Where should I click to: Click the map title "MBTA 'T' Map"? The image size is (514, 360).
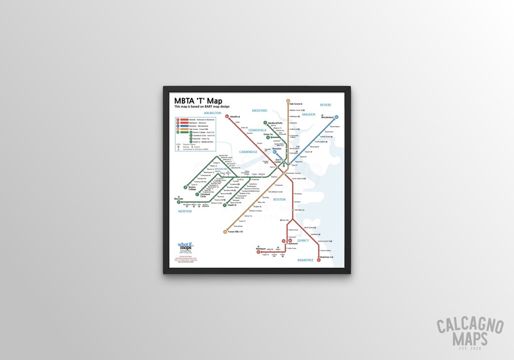[x=198, y=100]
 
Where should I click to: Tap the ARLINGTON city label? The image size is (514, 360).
[x=212, y=113]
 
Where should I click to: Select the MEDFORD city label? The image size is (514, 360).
[x=259, y=110]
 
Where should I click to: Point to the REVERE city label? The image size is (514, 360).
[x=326, y=105]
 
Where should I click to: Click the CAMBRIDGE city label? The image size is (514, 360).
[x=248, y=152]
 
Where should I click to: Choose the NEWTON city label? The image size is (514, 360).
[x=185, y=211]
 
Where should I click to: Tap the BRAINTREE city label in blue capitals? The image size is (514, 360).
[x=305, y=260]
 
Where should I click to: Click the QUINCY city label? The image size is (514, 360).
[x=303, y=240]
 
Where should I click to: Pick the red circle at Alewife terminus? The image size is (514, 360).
[x=227, y=116]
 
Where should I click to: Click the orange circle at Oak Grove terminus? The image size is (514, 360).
[x=288, y=101]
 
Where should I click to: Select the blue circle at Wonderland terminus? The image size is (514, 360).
[x=336, y=117]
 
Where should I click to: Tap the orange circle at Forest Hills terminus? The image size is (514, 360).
[x=225, y=232]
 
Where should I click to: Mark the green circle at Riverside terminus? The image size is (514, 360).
[x=176, y=201]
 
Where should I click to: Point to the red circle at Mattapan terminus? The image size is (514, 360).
[x=258, y=252]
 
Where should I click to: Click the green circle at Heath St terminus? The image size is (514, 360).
[x=225, y=205]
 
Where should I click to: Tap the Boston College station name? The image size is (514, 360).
[x=192, y=188]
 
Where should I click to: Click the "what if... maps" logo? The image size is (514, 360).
[x=186, y=246]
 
